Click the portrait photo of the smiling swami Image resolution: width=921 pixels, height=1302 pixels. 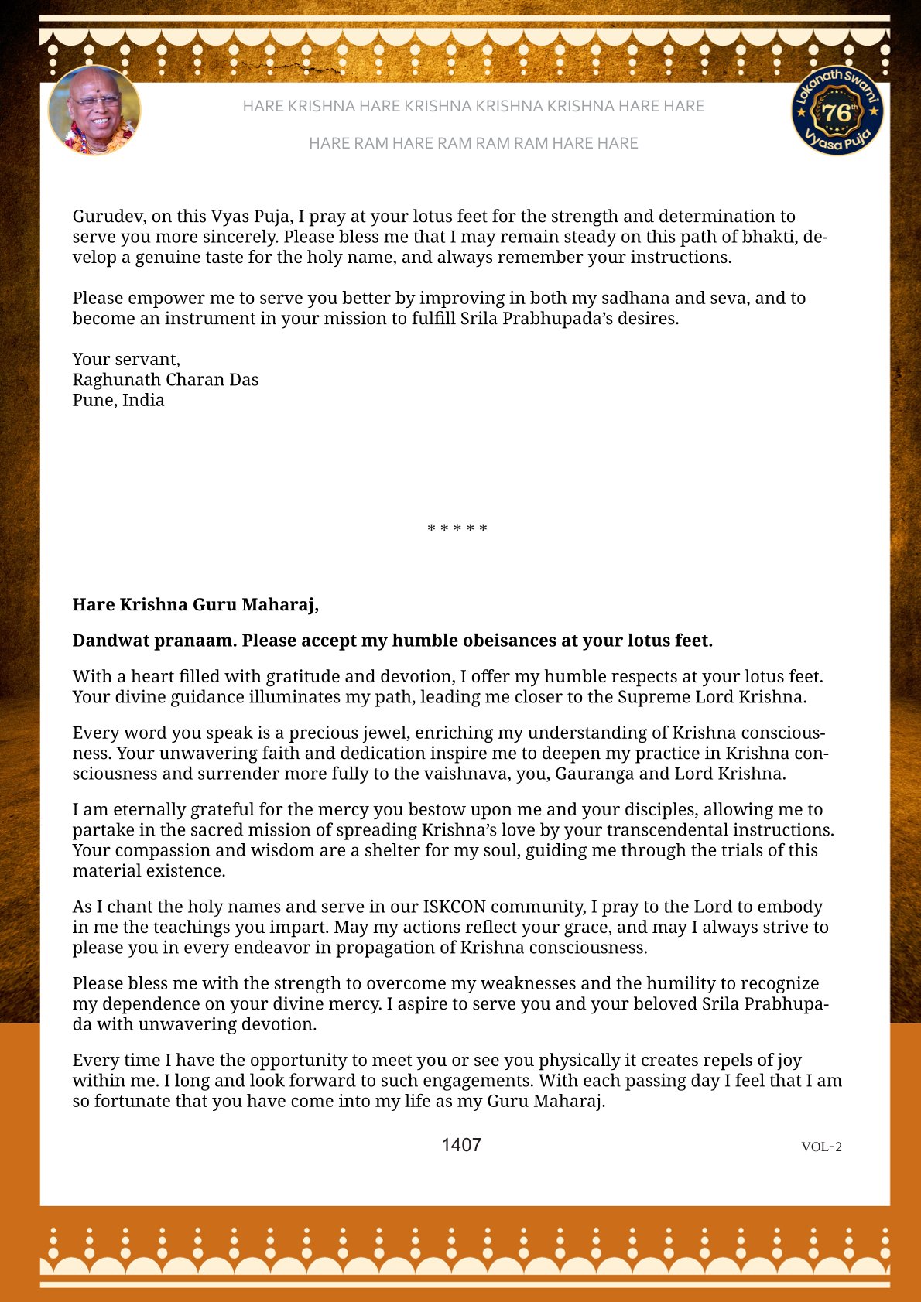coord(94,111)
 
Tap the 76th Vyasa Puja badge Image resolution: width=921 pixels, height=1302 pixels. coord(837,111)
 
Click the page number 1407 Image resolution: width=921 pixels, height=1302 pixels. coord(461,1145)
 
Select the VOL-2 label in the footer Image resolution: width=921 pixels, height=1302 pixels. coord(821,1147)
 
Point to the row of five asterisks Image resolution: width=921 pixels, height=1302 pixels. coord(457,529)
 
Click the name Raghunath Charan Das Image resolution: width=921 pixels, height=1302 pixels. coord(166,380)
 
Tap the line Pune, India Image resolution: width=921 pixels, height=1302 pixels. coord(118,400)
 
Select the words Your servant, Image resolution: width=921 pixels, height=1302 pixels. coord(126,359)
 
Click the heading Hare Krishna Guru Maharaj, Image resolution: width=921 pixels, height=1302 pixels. coord(196,604)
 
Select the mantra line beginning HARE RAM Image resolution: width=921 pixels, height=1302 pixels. coord(473,143)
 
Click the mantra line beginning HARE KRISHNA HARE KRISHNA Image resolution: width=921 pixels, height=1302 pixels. coord(473,106)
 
